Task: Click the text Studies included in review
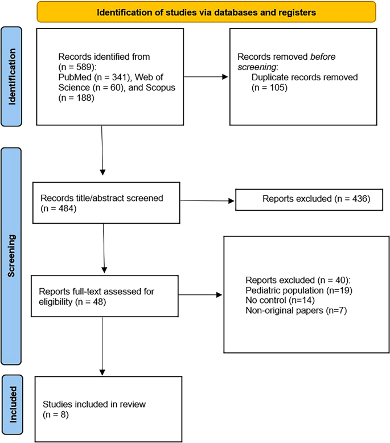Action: [95, 404]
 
